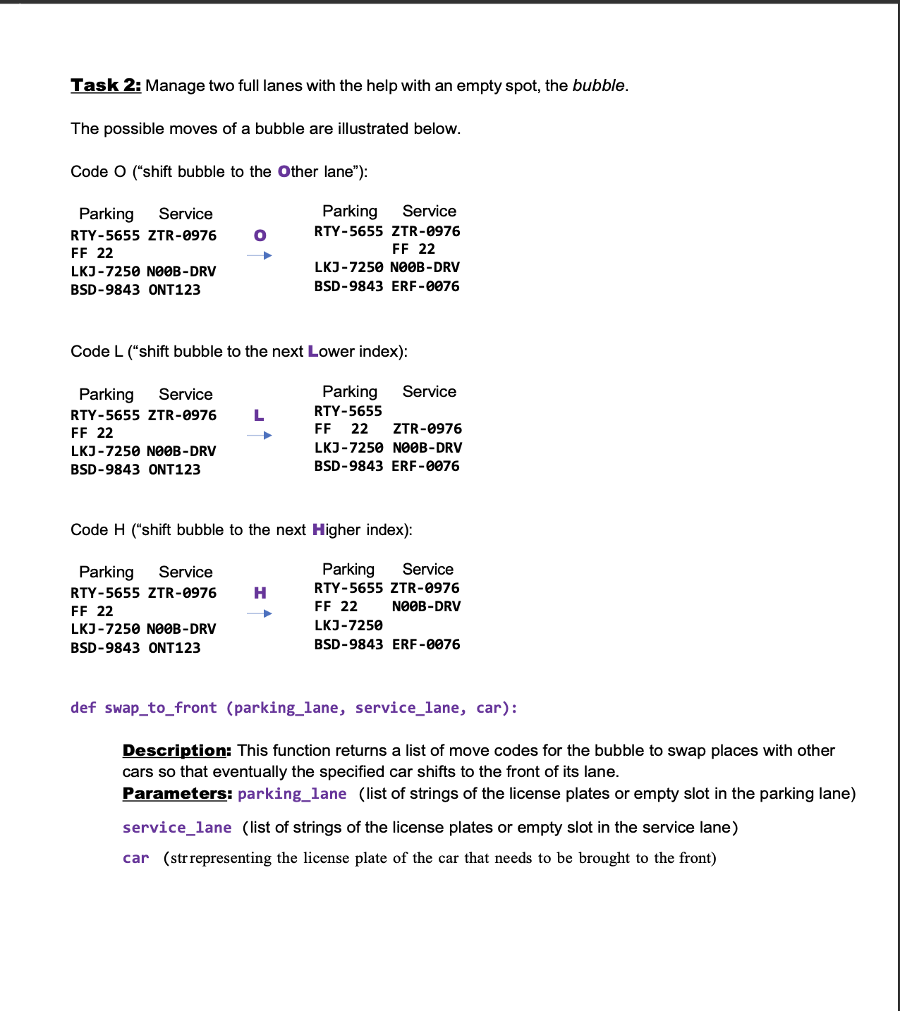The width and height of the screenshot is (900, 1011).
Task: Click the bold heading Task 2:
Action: click(x=106, y=85)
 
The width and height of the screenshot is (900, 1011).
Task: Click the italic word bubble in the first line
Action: click(x=598, y=85)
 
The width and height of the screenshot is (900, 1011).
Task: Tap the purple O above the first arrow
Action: click(x=260, y=235)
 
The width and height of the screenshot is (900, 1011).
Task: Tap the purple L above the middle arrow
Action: click(x=259, y=415)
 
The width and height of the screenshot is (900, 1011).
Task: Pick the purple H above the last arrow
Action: click(x=260, y=593)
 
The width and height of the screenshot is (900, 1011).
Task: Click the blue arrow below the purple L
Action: click(x=260, y=436)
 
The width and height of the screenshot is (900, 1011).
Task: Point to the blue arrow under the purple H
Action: click(x=260, y=614)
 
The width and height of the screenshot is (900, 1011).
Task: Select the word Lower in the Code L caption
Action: click(x=332, y=351)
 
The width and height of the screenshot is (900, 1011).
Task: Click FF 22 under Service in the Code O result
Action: click(x=413, y=249)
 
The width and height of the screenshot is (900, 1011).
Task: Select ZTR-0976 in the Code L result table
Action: click(x=427, y=429)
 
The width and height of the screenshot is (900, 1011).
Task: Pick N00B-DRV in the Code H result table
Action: click(x=426, y=606)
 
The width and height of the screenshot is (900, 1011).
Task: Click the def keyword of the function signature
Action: click(x=83, y=708)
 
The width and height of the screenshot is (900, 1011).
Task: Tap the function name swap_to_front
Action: click(x=161, y=708)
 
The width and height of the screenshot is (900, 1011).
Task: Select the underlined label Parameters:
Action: click(x=177, y=793)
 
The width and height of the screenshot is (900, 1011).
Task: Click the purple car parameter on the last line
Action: click(x=135, y=858)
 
